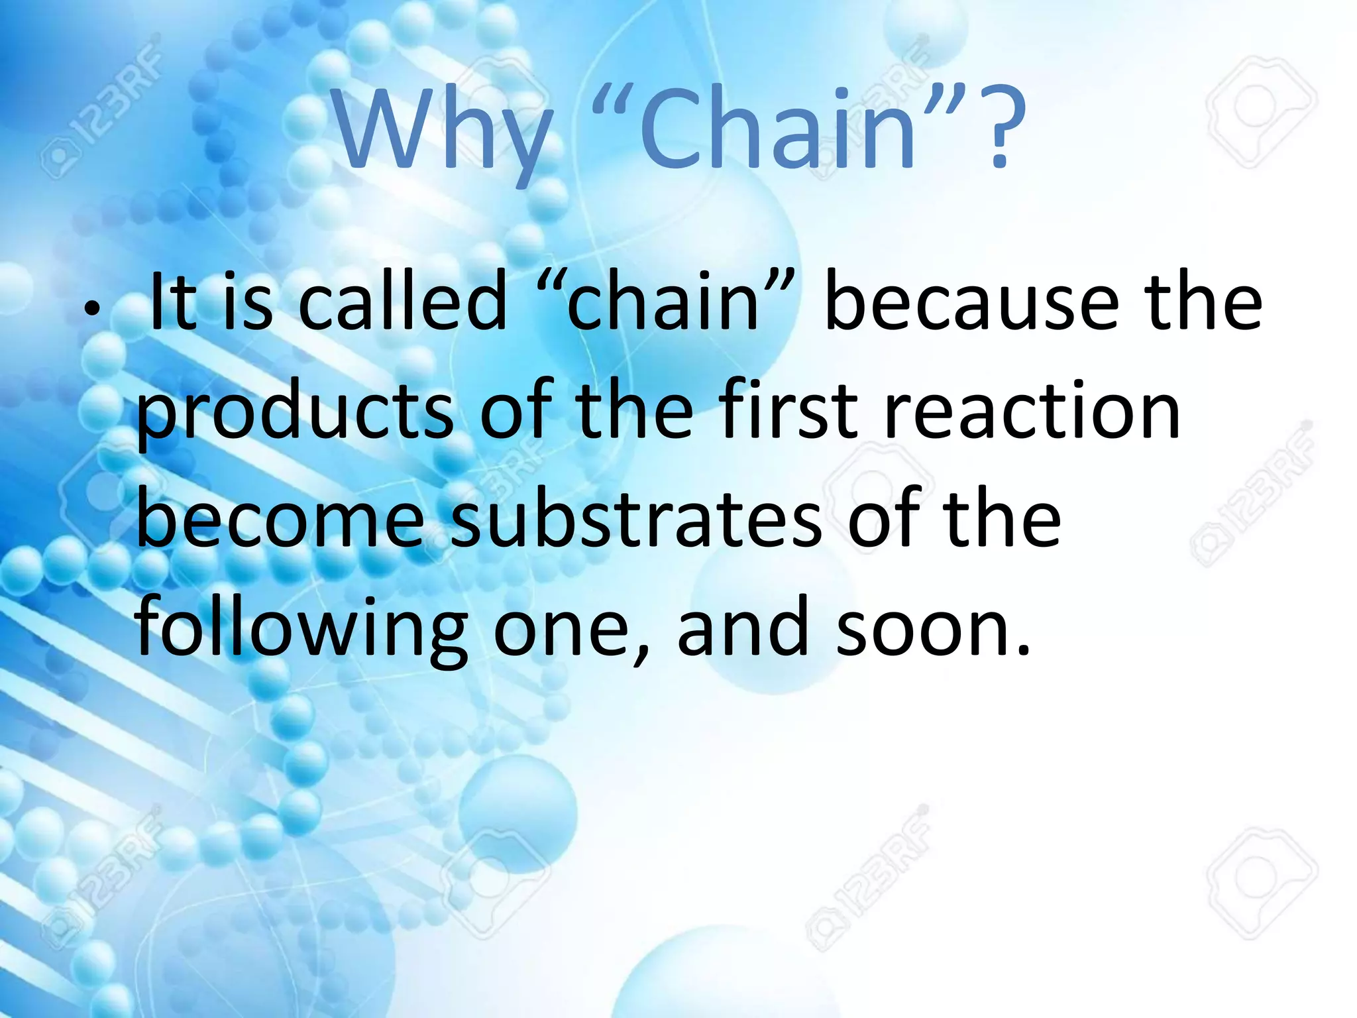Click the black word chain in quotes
tap(663, 303)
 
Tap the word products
tap(296, 414)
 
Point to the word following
tap(301, 630)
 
